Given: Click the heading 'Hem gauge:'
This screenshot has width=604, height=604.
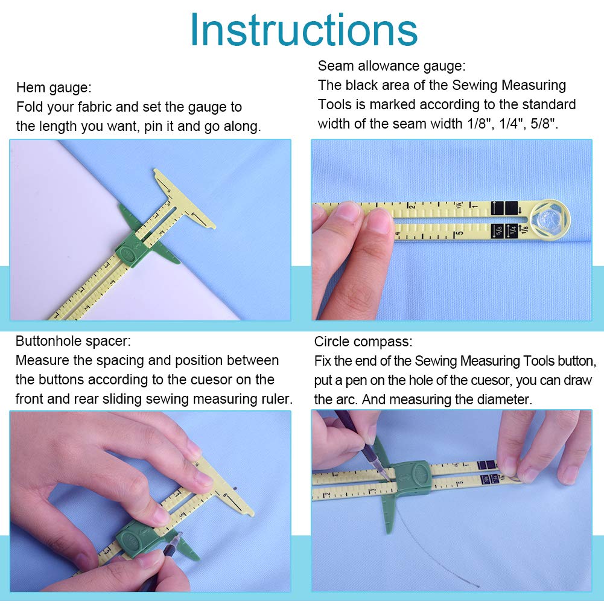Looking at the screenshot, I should click(54, 87).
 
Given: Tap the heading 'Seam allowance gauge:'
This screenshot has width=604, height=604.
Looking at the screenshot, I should click(392, 66).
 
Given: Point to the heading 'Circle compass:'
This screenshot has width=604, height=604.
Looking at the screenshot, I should click(363, 342).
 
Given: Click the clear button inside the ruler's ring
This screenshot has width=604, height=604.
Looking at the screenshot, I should click(550, 217).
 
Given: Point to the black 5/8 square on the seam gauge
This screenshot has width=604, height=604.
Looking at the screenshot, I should click(498, 230).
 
